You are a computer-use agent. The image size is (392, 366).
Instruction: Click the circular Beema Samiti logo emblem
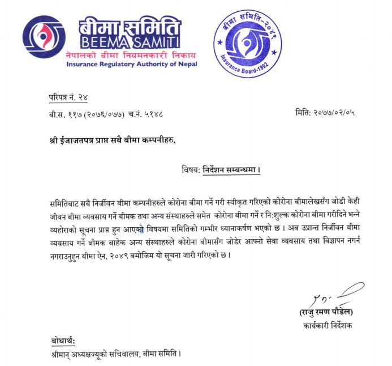point(44,37)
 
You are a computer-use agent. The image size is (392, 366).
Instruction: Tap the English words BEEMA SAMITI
point(130,41)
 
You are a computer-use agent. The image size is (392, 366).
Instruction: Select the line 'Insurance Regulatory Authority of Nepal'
point(131,64)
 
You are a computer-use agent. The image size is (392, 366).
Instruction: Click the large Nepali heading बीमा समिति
point(130,26)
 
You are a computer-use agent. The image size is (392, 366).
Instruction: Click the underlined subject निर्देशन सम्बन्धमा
point(234,169)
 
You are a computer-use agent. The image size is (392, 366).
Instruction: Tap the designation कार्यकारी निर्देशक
point(327,325)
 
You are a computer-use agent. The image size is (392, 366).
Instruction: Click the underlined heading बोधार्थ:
point(62,341)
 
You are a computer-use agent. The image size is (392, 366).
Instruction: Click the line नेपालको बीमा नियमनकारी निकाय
point(131,56)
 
